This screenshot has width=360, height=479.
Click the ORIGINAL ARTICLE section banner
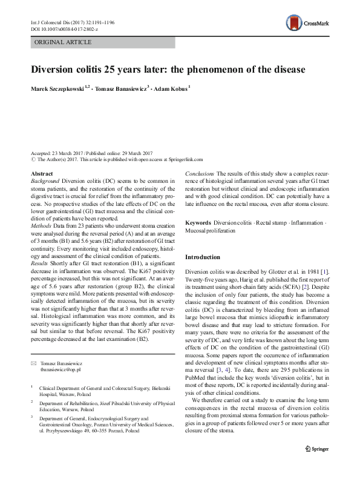[x=64, y=42]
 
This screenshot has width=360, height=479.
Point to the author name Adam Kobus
[x=171, y=88]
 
